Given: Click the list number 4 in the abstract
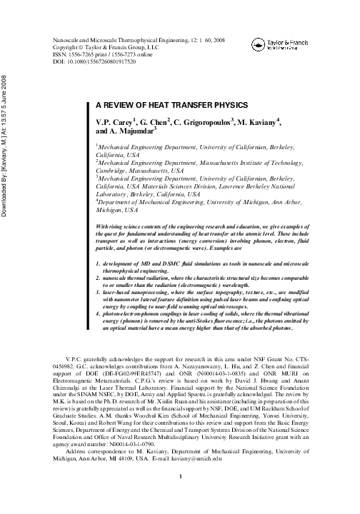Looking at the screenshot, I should (x=98, y=312).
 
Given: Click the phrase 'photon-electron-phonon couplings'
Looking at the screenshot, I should (x=149, y=312).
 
